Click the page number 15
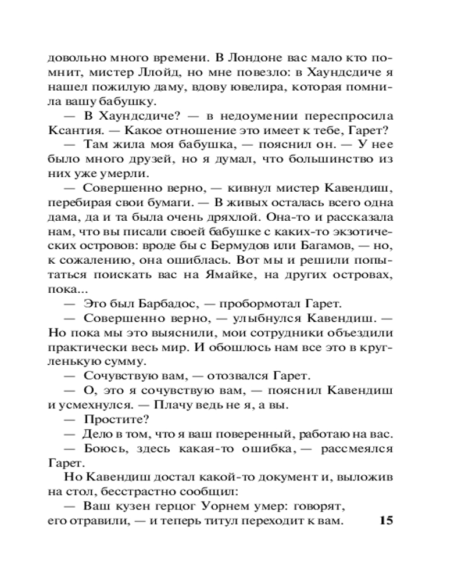coord(386,521)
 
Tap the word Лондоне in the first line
coord(249,59)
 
